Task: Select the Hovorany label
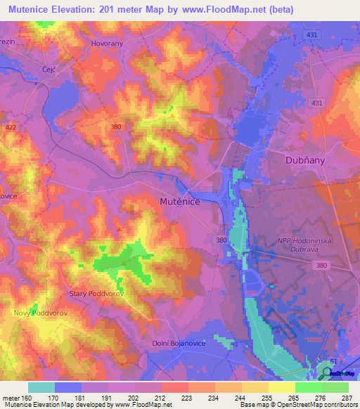(107, 43)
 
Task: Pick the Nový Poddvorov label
(39, 313)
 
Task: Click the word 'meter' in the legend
(10, 397)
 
